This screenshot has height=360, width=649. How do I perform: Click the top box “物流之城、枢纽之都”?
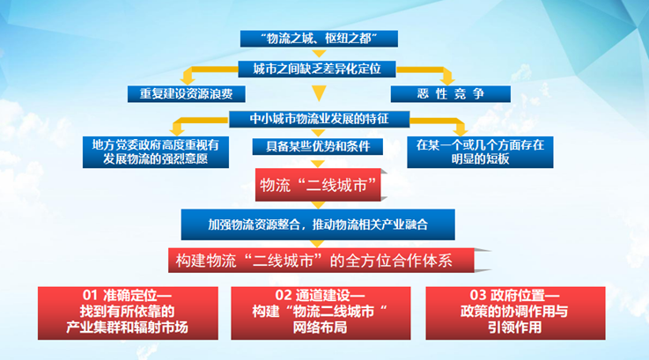pos(319,39)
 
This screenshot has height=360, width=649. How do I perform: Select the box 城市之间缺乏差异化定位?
pos(317,70)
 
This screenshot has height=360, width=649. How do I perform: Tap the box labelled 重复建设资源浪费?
pos(187,94)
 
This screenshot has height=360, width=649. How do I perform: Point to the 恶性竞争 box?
pos(451,94)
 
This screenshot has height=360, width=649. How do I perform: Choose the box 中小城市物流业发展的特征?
pos(320,119)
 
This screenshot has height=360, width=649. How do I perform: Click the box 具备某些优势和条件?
pos(318,146)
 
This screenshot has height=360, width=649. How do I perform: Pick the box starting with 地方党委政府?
pos(156,152)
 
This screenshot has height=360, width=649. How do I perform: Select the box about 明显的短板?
pos(480,152)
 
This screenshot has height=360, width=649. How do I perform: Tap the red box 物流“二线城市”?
pos(318,185)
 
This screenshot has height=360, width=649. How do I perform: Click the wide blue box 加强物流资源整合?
pos(318,224)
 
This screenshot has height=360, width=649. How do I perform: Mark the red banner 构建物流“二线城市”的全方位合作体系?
pos(321,261)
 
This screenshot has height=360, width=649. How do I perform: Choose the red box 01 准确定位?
pos(128,313)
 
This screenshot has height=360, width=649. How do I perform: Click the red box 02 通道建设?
pos(321,313)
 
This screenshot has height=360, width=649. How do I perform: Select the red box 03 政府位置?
pos(515,313)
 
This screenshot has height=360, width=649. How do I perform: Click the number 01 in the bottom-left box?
pos(90,296)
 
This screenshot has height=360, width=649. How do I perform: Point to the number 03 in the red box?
pos(478,296)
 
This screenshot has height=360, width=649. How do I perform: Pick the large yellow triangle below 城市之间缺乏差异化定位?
pos(319,93)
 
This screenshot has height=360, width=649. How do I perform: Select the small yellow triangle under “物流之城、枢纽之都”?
pos(319,54)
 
